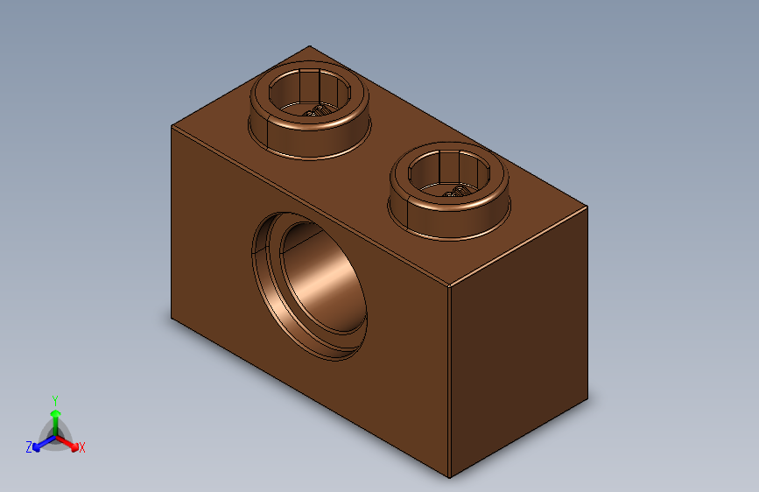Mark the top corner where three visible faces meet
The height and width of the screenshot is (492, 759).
click(x=449, y=286)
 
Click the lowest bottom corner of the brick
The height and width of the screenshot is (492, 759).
click(x=449, y=478)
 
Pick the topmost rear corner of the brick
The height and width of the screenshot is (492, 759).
click(x=309, y=46)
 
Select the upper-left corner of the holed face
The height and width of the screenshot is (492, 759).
click(x=172, y=125)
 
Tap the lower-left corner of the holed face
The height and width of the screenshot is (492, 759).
click(x=172, y=320)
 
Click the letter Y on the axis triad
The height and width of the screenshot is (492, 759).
click(x=54, y=398)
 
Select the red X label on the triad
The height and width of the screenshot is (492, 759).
click(x=82, y=447)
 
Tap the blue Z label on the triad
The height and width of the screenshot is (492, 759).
click(x=29, y=446)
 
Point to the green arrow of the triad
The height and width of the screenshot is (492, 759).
click(x=55, y=413)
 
